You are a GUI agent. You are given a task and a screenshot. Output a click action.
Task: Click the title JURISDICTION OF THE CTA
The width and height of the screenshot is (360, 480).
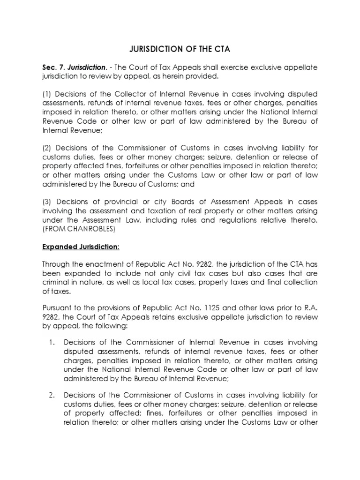(179, 48)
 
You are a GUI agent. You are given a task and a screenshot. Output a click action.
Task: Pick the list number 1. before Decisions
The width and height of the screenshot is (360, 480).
(52, 342)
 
